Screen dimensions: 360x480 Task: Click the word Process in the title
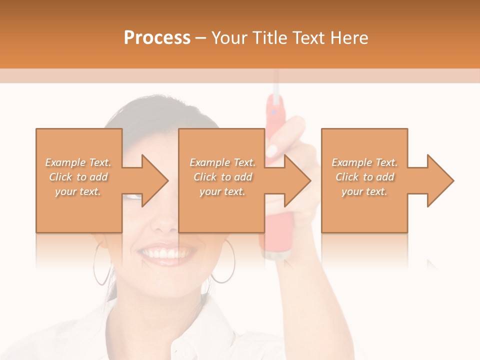(x=157, y=38)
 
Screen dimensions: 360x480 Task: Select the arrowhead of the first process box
(x=154, y=180)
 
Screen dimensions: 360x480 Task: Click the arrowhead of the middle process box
(x=297, y=180)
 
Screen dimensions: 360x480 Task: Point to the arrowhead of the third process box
(x=440, y=180)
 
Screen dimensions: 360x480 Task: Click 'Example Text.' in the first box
(x=78, y=162)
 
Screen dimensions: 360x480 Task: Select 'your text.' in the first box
(x=78, y=191)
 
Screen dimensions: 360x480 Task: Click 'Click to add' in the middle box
(x=222, y=177)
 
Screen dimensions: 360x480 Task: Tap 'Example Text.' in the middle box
(x=222, y=162)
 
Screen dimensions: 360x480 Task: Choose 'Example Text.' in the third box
(x=364, y=162)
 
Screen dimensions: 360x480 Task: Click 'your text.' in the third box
(x=364, y=191)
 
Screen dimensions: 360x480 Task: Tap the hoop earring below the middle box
(x=223, y=262)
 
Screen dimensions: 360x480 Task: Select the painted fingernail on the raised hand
(x=273, y=150)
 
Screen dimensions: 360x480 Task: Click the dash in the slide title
(x=200, y=38)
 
